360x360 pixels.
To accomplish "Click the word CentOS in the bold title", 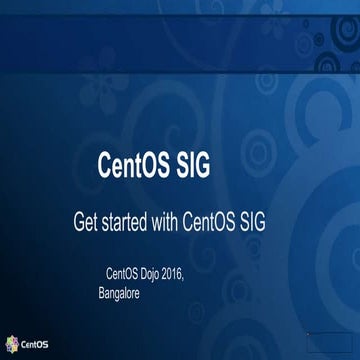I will pyautogui.click(x=136, y=164).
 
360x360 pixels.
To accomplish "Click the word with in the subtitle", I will pyautogui.click(x=192, y=220).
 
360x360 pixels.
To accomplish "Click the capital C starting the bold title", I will pyautogui.click(x=103, y=164).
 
